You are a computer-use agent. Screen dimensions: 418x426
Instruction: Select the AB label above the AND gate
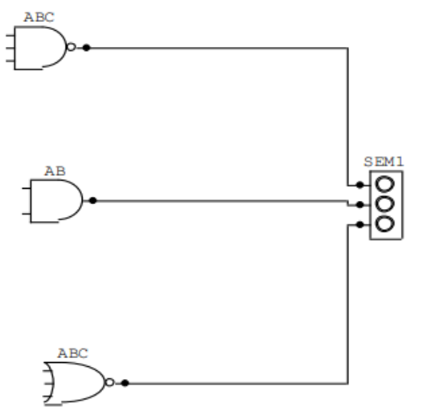pyautogui.click(x=55, y=172)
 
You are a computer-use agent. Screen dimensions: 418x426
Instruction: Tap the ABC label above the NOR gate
pyautogui.click(x=73, y=353)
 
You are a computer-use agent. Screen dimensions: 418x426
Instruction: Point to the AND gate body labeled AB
pyautogui.click(x=62, y=200)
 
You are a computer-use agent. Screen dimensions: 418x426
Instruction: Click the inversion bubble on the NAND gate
pyautogui.click(x=71, y=47)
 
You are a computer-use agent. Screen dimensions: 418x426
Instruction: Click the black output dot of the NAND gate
pyautogui.click(x=86, y=47)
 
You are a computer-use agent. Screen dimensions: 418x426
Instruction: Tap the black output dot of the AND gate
pyautogui.click(x=93, y=200)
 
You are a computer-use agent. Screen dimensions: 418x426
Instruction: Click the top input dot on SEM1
pyautogui.click(x=360, y=185)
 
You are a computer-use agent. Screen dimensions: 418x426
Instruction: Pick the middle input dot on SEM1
pyautogui.click(x=360, y=204)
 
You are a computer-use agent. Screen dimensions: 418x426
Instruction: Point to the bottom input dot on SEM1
pyautogui.click(x=360, y=224)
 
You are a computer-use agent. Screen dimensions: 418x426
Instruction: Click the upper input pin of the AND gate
pyautogui.click(x=24, y=189)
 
